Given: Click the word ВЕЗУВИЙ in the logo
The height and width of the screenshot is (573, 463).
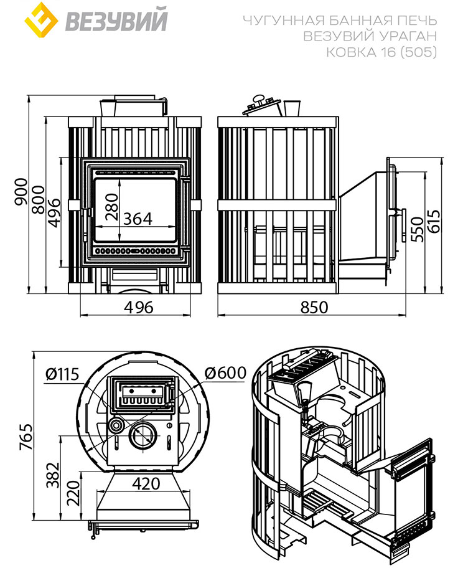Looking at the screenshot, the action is [116, 21].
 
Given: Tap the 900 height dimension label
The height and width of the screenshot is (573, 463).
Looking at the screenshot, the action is [21, 192].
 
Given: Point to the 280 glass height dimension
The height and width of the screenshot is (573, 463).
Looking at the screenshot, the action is [112, 207].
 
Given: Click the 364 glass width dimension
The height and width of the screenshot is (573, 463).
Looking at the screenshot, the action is [138, 219].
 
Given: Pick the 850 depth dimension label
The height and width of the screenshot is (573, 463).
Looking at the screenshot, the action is [314, 307].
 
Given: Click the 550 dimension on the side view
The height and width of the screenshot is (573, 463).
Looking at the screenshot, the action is [418, 229].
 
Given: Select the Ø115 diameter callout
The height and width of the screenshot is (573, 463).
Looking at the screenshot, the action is [62, 374].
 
